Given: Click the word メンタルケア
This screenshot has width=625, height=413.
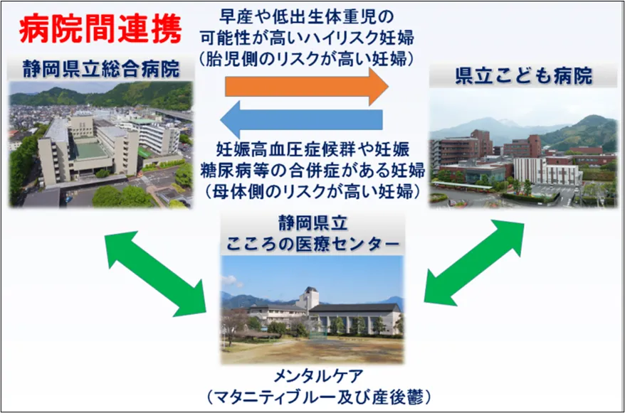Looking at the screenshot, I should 312,376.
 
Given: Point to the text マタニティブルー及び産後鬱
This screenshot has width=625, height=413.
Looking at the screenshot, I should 312,396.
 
